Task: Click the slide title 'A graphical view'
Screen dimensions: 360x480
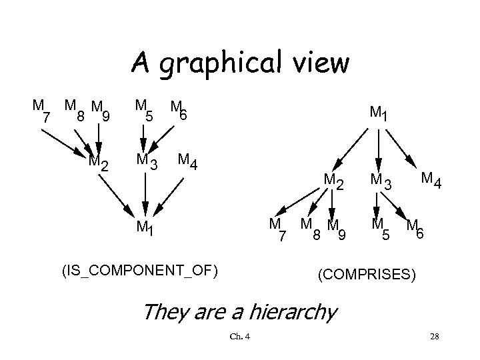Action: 239,63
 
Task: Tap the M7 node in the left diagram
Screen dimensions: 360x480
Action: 41,111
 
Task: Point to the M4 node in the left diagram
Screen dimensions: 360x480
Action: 186,161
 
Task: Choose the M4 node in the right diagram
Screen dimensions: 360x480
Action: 430,179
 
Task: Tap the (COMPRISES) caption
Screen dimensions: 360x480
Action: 367,274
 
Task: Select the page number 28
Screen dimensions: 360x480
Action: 434,335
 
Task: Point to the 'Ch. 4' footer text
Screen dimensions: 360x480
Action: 239,335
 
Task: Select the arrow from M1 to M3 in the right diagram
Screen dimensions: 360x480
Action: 378,148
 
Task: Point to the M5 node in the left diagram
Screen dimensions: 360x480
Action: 144,110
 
